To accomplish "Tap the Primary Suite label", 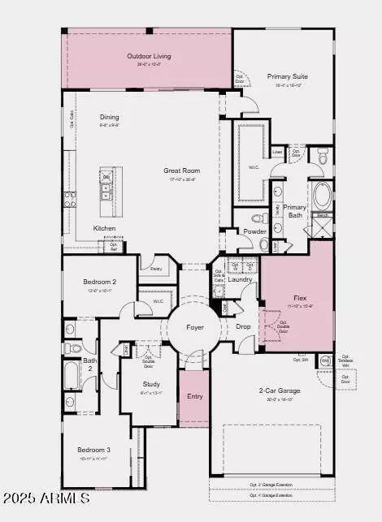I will (289, 77).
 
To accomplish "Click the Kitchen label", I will (104, 228).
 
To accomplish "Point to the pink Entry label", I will (194, 396).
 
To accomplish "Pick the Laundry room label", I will (240, 280).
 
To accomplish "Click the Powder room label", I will (254, 231).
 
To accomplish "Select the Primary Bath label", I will (294, 212).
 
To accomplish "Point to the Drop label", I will (243, 326).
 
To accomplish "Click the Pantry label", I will (151, 267).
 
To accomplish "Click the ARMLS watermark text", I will (46, 496).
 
